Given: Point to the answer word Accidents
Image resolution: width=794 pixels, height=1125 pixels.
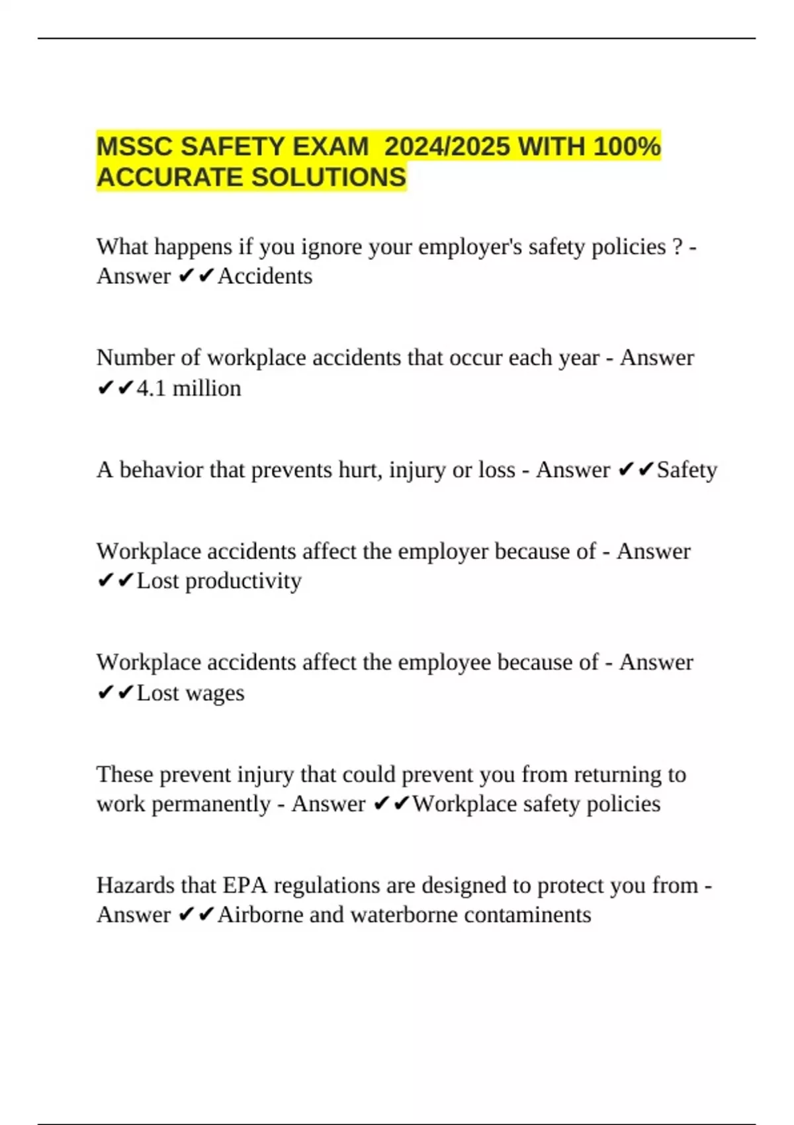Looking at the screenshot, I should click(x=265, y=276).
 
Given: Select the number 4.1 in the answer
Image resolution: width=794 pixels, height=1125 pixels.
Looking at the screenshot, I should click(x=152, y=388).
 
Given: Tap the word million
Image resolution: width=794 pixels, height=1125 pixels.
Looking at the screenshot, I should click(x=206, y=388).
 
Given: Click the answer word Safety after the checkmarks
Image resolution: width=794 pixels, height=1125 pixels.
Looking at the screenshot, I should click(x=687, y=470).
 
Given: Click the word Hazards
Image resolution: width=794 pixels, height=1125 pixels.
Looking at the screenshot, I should click(x=136, y=885).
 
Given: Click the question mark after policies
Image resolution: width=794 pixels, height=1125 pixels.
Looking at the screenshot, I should click(x=677, y=247).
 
